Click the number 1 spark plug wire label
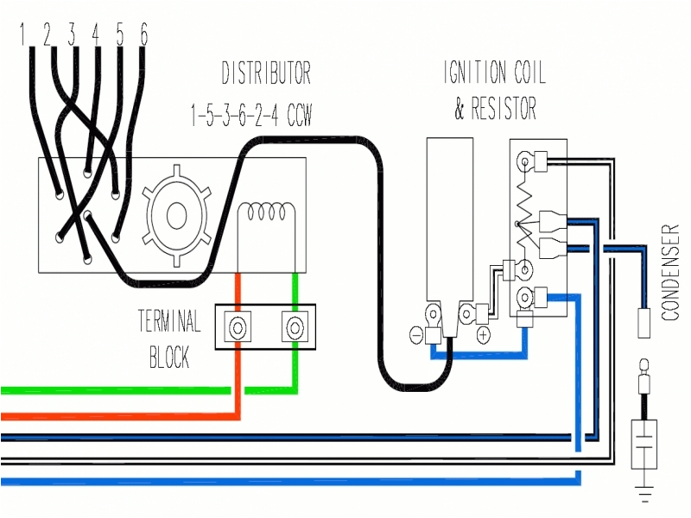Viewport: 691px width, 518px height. click(22, 35)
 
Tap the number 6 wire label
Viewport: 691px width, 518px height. click(143, 35)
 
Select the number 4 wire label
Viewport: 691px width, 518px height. click(95, 35)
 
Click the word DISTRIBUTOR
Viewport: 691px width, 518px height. click(266, 73)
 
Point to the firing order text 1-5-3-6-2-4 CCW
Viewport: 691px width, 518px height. click(250, 114)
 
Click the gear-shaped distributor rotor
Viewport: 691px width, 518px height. click(179, 216)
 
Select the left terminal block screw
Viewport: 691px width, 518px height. click(237, 327)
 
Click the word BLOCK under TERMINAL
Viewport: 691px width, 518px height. click(169, 357)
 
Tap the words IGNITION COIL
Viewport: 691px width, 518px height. click(494, 73)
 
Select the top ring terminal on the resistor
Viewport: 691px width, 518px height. click(524, 160)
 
